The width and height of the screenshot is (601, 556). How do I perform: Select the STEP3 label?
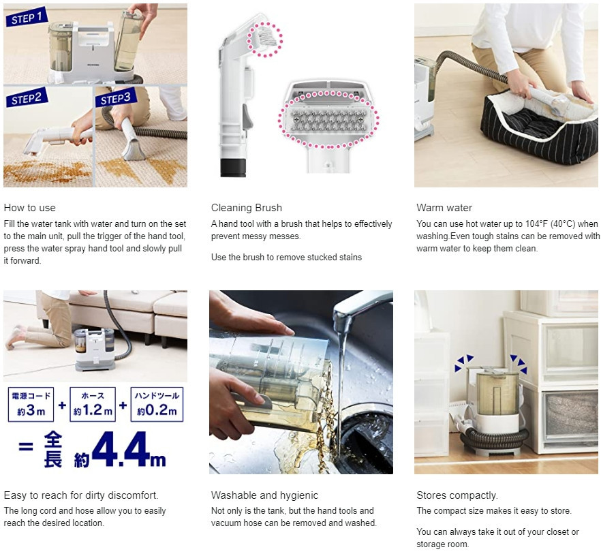116,99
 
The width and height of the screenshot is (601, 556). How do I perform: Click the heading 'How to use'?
29,208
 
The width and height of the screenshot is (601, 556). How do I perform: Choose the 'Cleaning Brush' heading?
246,208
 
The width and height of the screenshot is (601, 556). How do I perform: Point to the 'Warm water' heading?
444,208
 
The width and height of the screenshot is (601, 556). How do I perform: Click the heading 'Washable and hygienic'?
264,495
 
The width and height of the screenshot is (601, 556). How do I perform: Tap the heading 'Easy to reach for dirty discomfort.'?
80,495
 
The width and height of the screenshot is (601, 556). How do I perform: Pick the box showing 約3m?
31,405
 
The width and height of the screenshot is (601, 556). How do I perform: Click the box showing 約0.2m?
156,405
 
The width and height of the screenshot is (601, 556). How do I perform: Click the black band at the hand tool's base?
232,165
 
